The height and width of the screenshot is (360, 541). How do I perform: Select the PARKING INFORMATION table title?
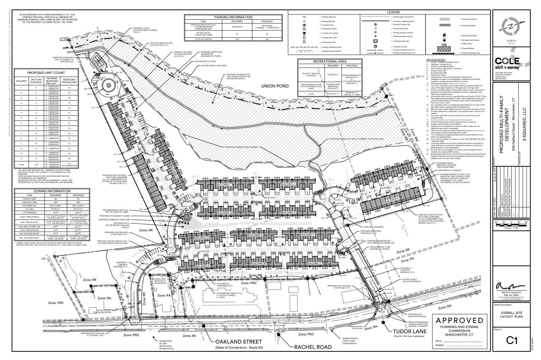click(x=233, y=17)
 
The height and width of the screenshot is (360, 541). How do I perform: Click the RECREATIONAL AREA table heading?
click(x=329, y=61)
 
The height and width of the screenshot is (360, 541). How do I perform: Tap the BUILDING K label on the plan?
click(x=392, y=200)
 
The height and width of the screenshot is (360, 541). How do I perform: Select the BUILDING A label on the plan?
click(x=202, y=266)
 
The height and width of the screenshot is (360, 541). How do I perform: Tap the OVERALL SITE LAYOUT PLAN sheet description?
click(x=511, y=314)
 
